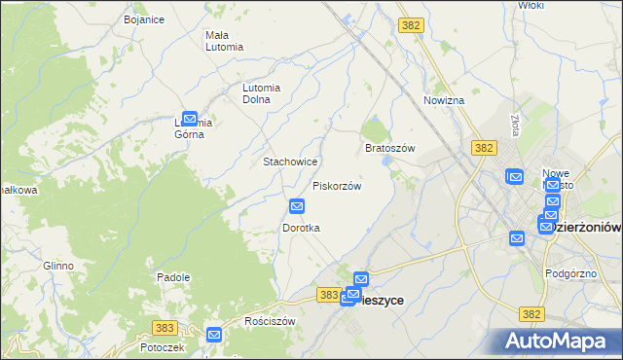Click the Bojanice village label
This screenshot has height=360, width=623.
143,18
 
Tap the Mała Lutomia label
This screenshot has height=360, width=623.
223,41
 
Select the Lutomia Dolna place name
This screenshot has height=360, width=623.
261,92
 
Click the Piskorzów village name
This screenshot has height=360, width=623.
337,186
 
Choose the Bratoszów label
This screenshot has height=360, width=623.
389,148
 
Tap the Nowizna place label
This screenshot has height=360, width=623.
444,100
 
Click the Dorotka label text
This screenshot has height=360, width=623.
301,228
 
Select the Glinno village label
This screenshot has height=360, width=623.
57,266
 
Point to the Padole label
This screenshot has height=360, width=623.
172,277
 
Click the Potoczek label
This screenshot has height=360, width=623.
162,347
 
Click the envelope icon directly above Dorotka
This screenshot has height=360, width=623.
298,206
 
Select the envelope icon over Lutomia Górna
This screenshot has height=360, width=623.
190,118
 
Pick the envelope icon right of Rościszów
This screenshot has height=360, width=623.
215,335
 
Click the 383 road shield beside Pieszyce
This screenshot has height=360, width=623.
329,294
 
